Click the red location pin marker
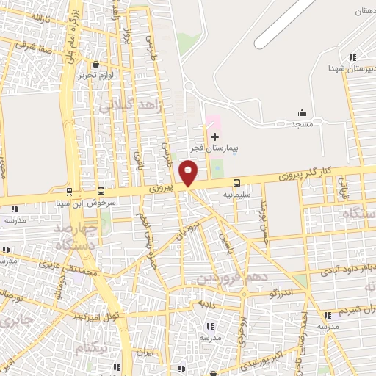click(x=189, y=173)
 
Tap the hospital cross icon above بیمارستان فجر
click(x=214, y=137)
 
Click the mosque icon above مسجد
click(x=302, y=113)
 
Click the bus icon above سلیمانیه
click(x=236, y=183)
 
